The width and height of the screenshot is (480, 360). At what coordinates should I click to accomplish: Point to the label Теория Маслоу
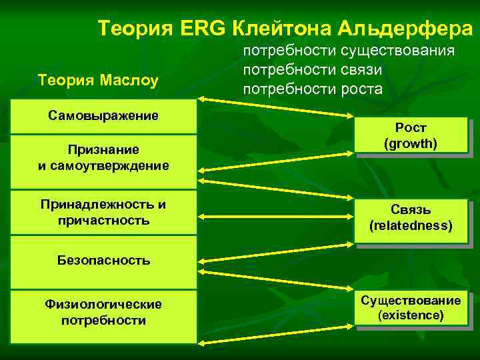99,81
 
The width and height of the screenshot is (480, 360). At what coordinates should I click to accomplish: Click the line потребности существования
349,51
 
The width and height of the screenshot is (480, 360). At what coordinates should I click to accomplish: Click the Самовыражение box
103,116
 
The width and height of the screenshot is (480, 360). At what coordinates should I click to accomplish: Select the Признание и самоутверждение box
103,157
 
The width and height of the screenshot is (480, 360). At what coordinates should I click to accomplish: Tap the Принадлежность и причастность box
103,212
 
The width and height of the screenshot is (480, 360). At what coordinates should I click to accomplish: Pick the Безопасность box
103,261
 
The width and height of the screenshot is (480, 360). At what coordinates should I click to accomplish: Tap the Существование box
410,308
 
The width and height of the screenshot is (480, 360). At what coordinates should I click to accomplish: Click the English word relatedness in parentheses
411,227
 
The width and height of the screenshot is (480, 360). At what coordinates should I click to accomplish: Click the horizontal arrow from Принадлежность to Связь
275,216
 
